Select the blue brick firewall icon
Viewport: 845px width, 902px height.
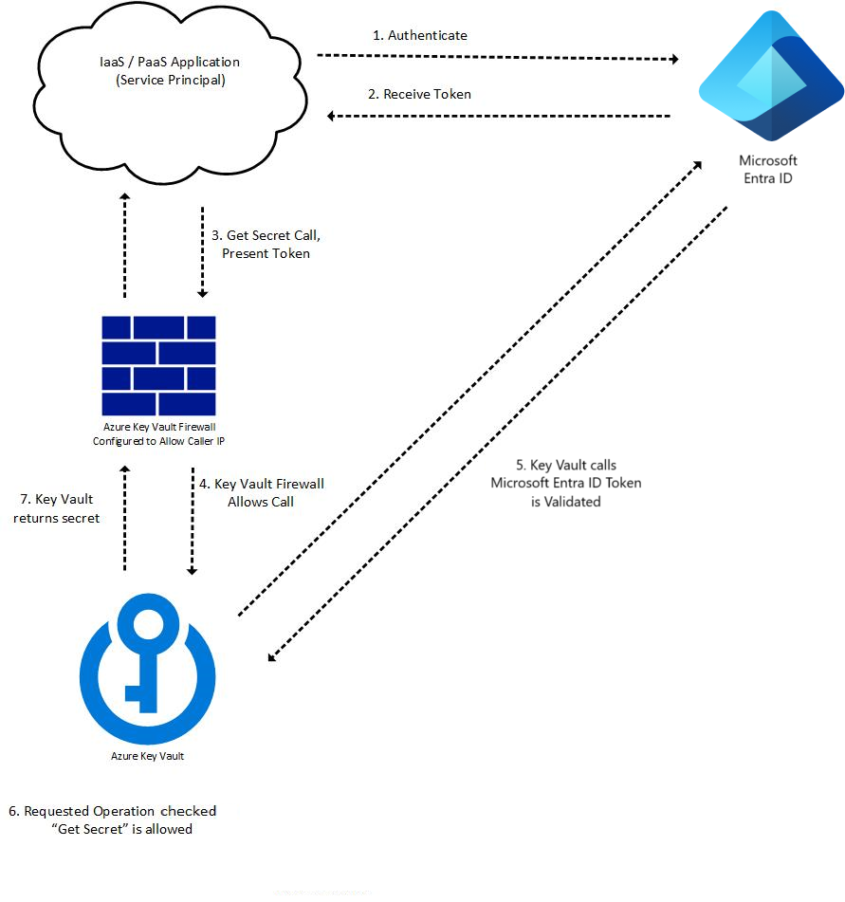[158, 365]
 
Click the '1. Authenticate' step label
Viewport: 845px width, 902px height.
[419, 35]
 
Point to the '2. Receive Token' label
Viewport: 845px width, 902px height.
[419, 94]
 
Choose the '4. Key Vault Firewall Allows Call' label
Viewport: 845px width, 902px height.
[261, 492]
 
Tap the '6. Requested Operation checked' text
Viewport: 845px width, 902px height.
[113, 811]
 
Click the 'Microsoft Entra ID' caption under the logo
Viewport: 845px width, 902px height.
[769, 168]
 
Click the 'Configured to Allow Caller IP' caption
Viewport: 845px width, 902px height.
[158, 441]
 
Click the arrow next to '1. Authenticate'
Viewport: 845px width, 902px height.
[498, 58]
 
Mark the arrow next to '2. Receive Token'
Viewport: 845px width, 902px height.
[498, 116]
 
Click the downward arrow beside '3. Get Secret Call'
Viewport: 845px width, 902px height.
[202, 251]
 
